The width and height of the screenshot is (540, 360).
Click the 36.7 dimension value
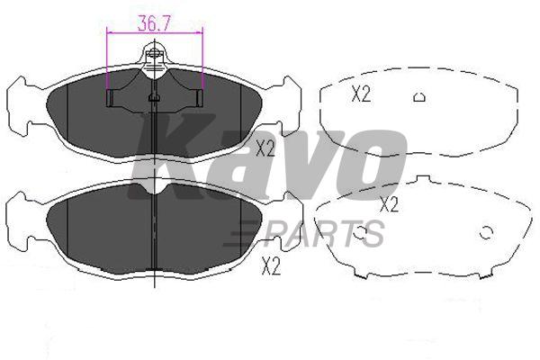tap(154, 23)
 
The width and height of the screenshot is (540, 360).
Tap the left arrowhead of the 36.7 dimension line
tap(109, 32)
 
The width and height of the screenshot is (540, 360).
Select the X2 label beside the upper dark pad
tap(265, 148)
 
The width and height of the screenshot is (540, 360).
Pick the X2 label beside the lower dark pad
tap(271, 266)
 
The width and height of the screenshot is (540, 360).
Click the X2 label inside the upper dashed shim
tap(361, 94)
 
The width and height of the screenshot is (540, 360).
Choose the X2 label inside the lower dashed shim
tap(389, 204)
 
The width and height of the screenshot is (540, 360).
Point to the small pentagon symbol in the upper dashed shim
tap(419, 97)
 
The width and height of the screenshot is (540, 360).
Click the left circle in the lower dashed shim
tap(359, 232)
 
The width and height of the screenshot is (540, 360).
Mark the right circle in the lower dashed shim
tap(486, 233)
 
